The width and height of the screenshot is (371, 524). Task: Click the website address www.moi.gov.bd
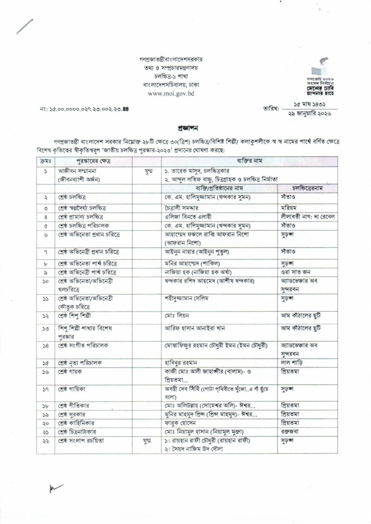(x=171, y=93)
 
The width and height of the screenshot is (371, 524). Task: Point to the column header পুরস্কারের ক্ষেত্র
(x=93, y=161)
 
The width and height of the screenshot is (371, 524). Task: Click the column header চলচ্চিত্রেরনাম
(x=307, y=188)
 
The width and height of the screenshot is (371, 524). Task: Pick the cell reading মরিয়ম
(x=288, y=208)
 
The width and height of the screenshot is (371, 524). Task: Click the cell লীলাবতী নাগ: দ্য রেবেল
(x=307, y=216)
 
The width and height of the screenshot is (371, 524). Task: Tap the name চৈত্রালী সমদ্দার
(x=181, y=208)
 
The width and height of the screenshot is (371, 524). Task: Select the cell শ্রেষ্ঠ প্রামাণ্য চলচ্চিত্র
(x=81, y=217)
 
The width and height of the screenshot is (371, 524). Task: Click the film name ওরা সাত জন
(x=296, y=272)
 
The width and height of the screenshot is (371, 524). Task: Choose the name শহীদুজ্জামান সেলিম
(x=186, y=298)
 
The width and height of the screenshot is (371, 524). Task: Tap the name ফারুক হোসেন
(x=180, y=423)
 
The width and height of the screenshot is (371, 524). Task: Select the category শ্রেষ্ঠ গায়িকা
(x=72, y=389)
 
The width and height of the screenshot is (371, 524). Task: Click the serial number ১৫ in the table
(x=46, y=363)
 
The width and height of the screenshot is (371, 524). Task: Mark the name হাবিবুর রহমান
(x=181, y=363)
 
